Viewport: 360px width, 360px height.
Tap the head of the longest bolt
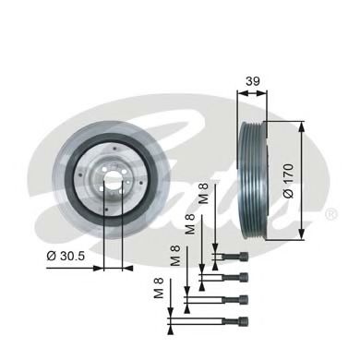[244, 320]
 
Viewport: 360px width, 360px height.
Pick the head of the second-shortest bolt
[244, 276]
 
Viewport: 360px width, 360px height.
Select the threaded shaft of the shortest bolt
[226, 255]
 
